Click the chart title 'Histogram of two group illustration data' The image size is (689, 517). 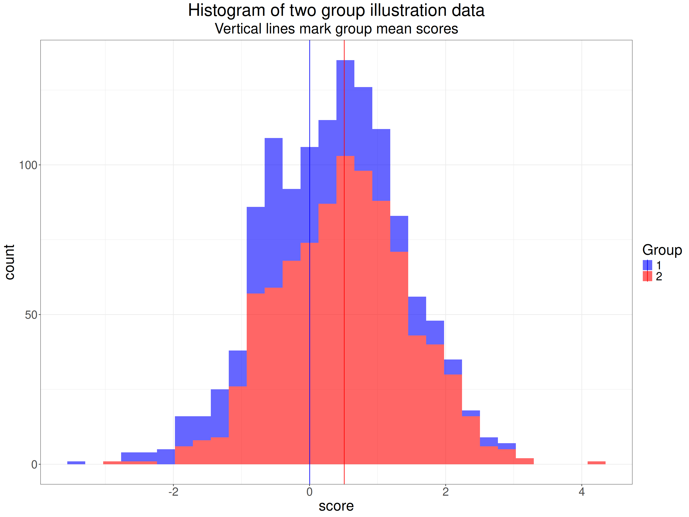coord(336,11)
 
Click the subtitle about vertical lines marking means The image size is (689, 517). coord(336,29)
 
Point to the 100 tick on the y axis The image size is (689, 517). coord(28,165)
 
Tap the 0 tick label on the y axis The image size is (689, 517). coord(34,465)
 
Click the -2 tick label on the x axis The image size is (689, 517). coord(173,492)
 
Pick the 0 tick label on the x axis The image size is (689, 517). coord(309,492)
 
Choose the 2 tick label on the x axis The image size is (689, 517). coord(445,492)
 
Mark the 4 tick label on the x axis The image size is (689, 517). coord(582,492)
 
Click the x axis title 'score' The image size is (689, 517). coord(336,506)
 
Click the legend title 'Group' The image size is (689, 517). coord(662,250)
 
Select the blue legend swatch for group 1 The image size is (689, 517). coord(647,265)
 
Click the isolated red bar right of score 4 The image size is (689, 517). coord(596,463)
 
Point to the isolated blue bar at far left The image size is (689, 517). coord(76,463)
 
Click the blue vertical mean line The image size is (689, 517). coord(310,94)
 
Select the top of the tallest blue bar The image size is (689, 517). coord(345,61)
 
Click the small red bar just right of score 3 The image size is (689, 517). coord(525,461)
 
